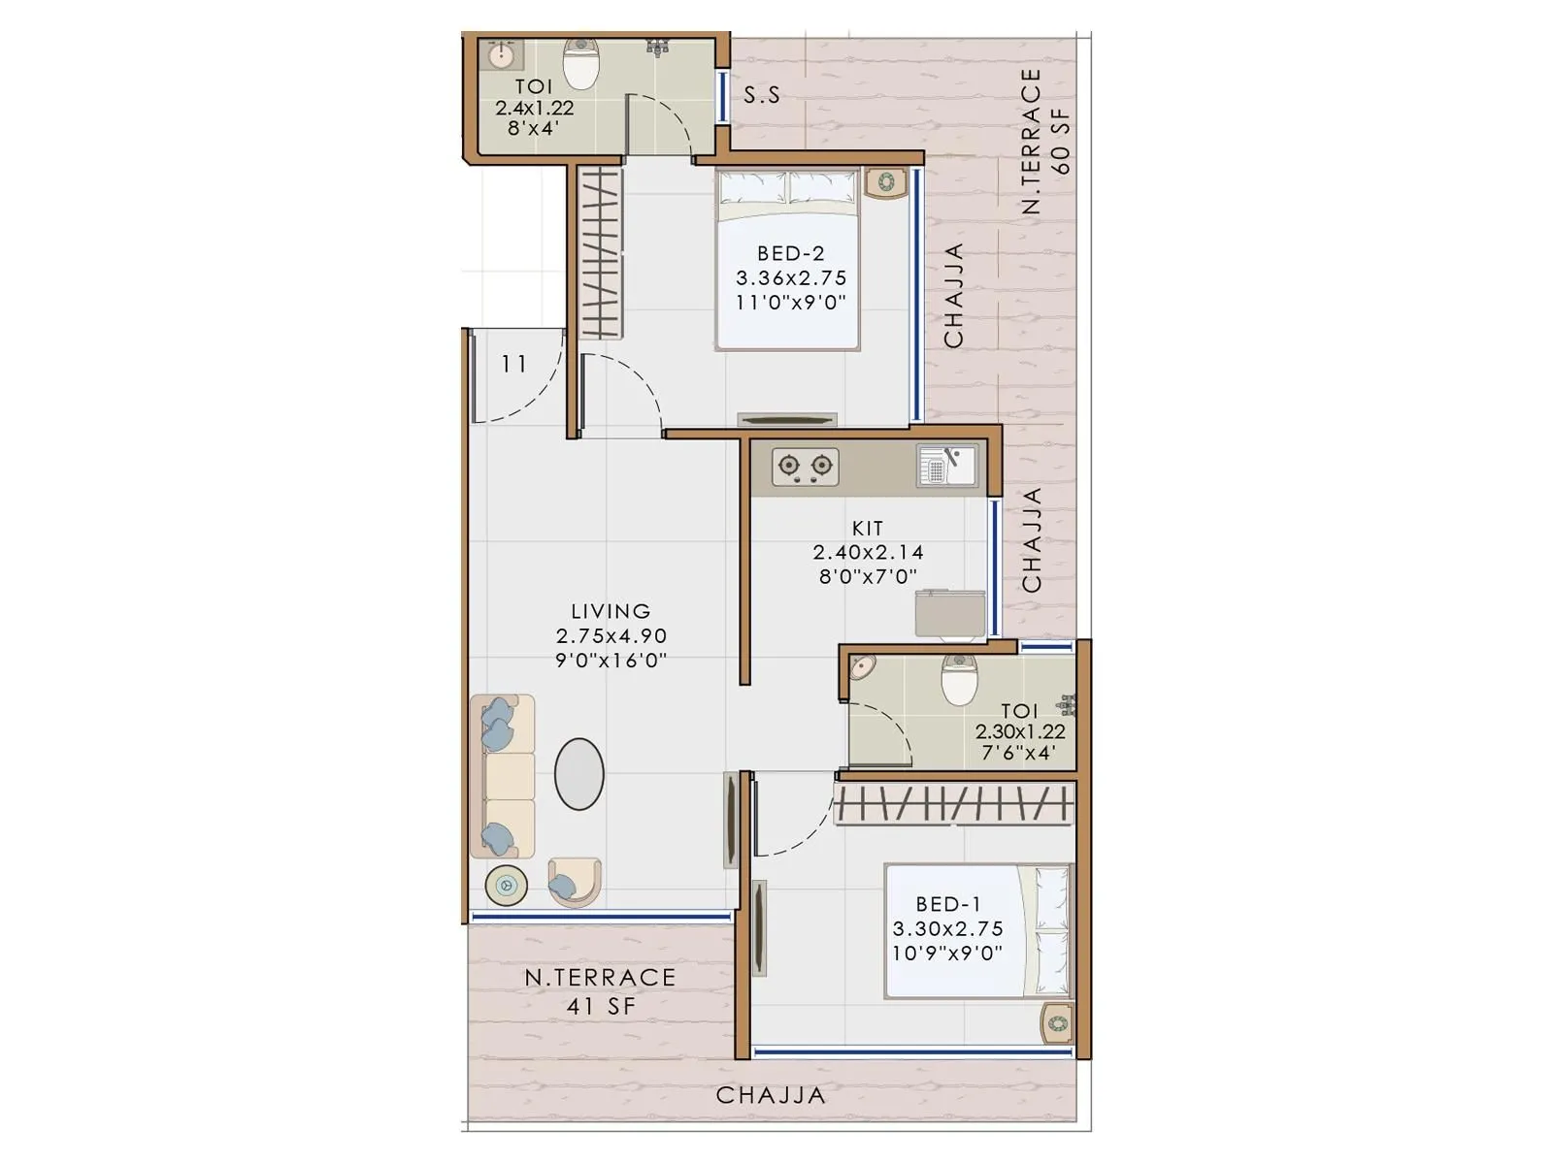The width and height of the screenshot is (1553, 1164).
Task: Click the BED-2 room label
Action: click(x=790, y=253)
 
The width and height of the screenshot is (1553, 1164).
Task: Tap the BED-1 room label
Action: click(x=947, y=904)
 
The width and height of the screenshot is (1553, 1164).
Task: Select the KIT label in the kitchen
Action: click(x=867, y=529)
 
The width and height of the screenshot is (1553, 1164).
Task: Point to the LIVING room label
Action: click(x=611, y=612)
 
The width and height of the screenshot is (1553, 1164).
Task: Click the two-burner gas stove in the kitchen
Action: click(x=805, y=467)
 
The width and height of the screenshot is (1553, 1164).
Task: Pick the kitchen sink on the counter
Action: click(x=946, y=466)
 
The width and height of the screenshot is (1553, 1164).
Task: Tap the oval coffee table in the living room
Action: click(x=579, y=773)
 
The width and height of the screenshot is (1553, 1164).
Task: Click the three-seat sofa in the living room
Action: click(x=502, y=776)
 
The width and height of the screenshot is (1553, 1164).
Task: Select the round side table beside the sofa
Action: click(x=506, y=885)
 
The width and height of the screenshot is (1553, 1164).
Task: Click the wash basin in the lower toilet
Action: click(x=862, y=667)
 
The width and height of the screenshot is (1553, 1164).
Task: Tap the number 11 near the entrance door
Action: click(x=513, y=365)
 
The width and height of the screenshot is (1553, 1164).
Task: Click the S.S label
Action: click(x=761, y=95)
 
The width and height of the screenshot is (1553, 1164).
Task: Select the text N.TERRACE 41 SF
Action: click(x=600, y=991)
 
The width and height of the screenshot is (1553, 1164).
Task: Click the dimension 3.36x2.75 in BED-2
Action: click(x=790, y=278)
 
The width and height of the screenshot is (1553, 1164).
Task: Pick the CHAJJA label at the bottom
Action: click(x=771, y=1096)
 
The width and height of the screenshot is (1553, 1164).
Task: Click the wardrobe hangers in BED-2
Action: click(x=600, y=252)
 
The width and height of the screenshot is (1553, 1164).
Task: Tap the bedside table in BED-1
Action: click(x=1056, y=1022)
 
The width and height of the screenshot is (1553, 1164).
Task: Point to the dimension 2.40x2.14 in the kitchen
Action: click(x=868, y=553)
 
